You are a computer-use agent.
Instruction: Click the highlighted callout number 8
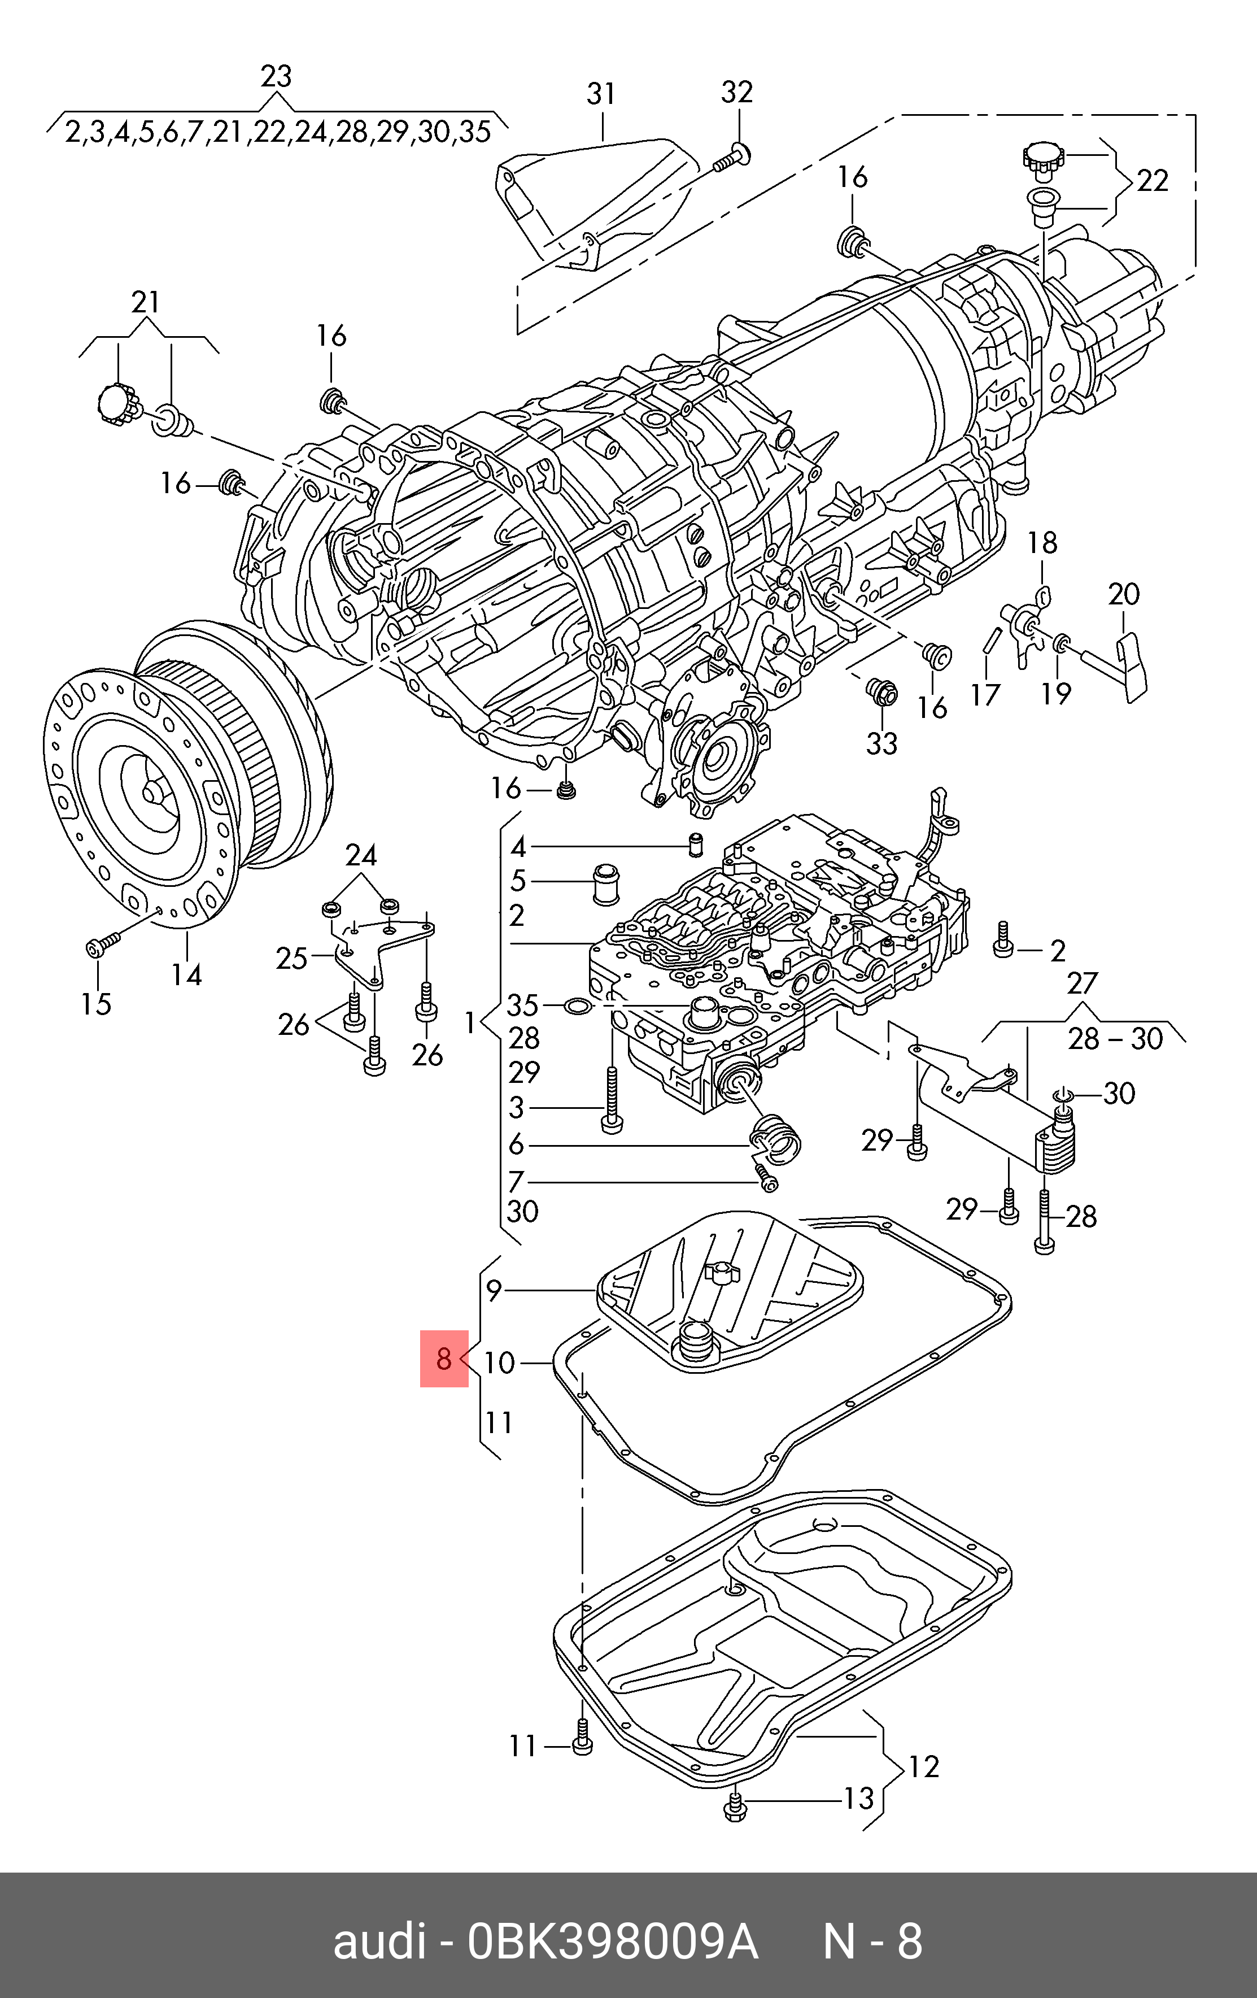pyautogui.click(x=444, y=1359)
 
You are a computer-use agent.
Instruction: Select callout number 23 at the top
pyautogui.click(x=276, y=76)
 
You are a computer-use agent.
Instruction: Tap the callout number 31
pyautogui.click(x=601, y=94)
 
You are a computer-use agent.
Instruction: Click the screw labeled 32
pyautogui.click(x=730, y=159)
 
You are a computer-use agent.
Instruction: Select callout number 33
pyautogui.click(x=882, y=743)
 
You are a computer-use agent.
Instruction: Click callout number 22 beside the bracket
pyautogui.click(x=1151, y=181)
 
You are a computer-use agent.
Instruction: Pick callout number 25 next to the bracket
pyautogui.click(x=291, y=959)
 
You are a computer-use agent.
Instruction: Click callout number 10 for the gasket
pyautogui.click(x=500, y=1363)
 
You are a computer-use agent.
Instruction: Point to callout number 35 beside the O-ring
pyautogui.click(x=523, y=1005)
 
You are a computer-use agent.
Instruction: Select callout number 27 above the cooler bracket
pyautogui.click(x=1083, y=983)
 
